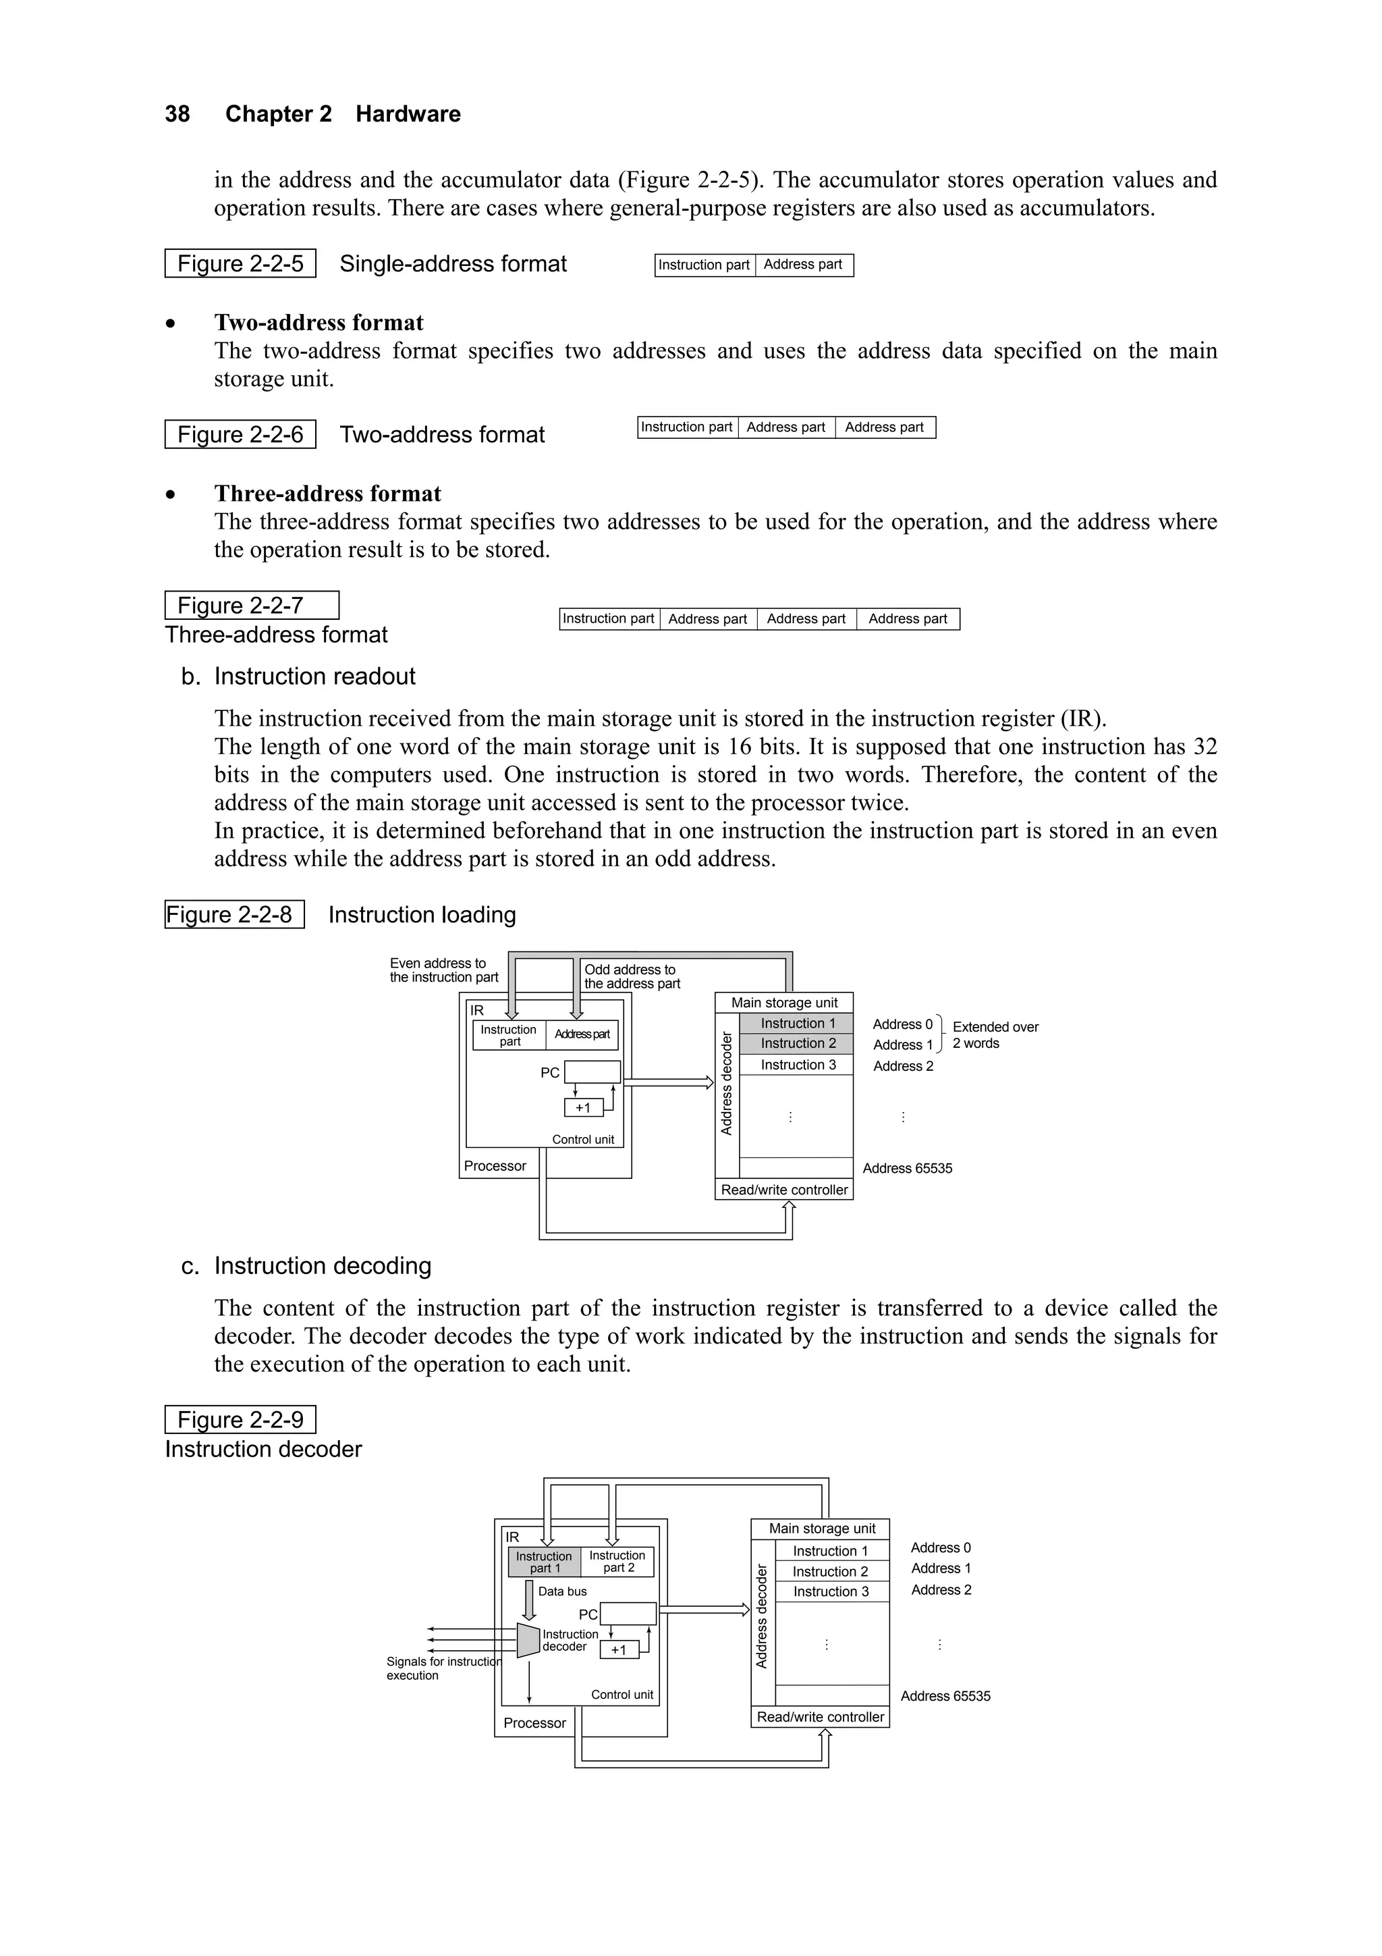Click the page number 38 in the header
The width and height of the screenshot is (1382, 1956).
(177, 114)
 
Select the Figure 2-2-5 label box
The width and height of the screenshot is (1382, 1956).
(240, 264)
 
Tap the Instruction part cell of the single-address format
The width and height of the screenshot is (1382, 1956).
(704, 265)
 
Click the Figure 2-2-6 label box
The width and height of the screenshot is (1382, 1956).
(240, 434)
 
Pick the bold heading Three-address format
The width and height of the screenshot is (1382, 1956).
(328, 494)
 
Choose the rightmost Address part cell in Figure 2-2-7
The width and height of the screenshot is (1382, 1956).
(908, 619)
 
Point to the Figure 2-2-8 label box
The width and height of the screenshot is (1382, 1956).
(234, 915)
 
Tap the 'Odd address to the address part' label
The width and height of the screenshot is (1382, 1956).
(632, 976)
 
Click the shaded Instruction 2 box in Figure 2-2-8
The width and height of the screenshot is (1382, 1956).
(797, 1044)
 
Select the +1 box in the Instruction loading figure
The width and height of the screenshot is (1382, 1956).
(583, 1107)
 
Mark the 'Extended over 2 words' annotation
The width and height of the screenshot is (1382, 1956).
(995, 1035)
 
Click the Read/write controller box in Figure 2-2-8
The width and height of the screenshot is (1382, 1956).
(784, 1190)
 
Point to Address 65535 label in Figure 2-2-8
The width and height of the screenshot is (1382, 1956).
(908, 1168)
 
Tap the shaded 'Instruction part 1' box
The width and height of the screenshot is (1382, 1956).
(544, 1562)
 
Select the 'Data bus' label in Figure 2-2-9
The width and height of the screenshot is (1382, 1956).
(562, 1591)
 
